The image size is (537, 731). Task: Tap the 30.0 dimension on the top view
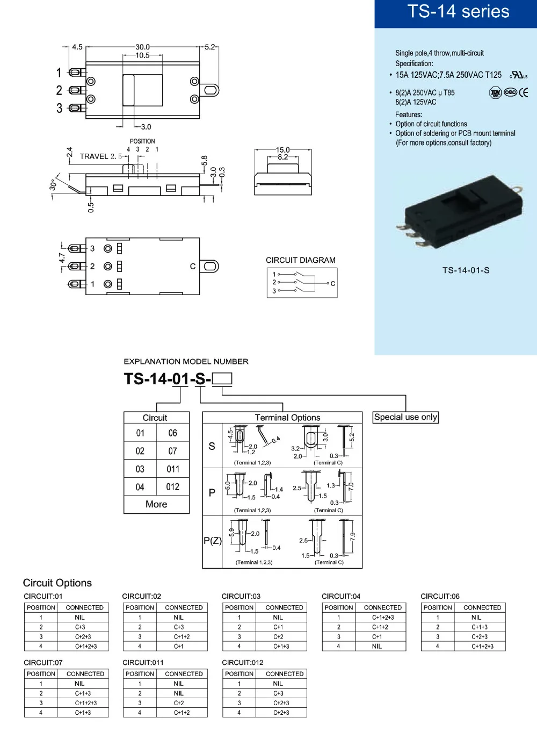click(x=142, y=47)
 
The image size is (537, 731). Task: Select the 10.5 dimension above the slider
click(x=142, y=55)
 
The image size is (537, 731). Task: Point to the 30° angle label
click(x=53, y=185)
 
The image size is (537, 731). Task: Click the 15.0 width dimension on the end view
click(x=282, y=150)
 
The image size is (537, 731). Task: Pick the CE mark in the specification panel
click(x=523, y=93)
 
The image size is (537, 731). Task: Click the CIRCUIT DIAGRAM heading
click(x=300, y=260)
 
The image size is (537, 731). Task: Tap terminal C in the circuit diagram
click(x=332, y=284)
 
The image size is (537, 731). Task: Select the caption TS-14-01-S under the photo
click(x=466, y=270)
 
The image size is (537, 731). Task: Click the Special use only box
click(x=405, y=417)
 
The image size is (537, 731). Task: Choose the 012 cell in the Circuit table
click(x=173, y=486)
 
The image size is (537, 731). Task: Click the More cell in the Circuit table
click(x=156, y=504)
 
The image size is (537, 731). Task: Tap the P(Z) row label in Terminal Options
click(x=212, y=541)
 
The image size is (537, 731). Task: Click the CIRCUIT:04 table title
click(x=340, y=596)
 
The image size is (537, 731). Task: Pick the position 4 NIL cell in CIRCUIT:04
click(x=376, y=646)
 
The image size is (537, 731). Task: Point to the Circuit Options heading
click(x=57, y=583)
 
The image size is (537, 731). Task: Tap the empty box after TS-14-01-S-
click(x=222, y=378)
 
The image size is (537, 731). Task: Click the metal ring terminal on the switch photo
click(x=518, y=189)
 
